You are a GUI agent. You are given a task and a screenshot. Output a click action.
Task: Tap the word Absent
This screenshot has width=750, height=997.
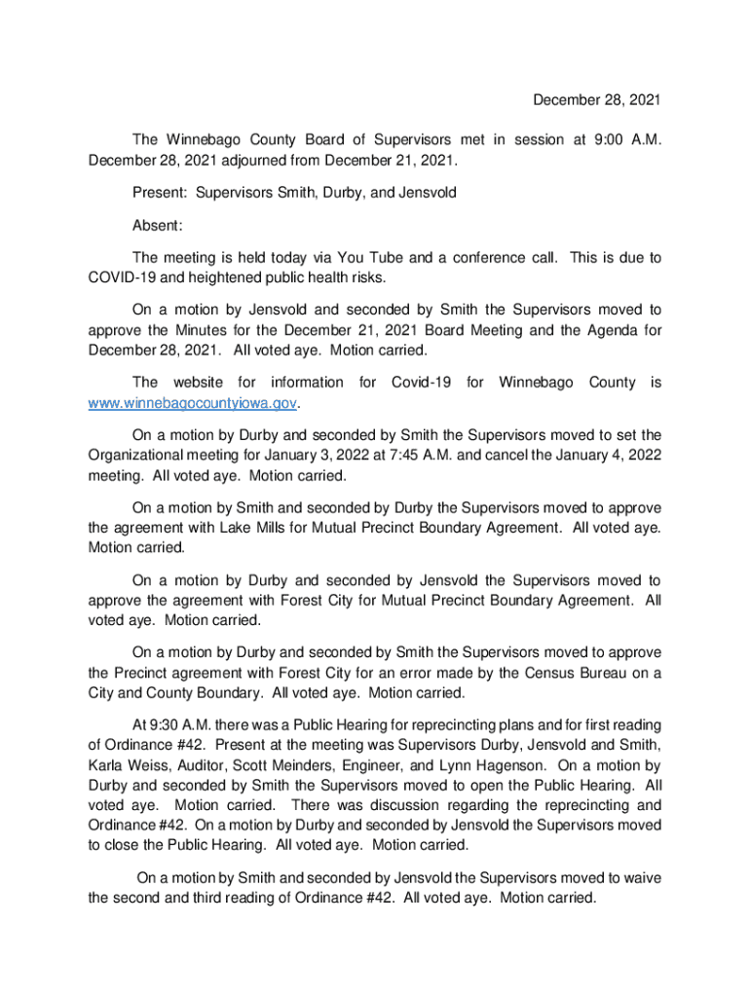[x=156, y=226]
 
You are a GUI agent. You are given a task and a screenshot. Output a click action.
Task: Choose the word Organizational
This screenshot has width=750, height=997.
[x=136, y=455]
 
